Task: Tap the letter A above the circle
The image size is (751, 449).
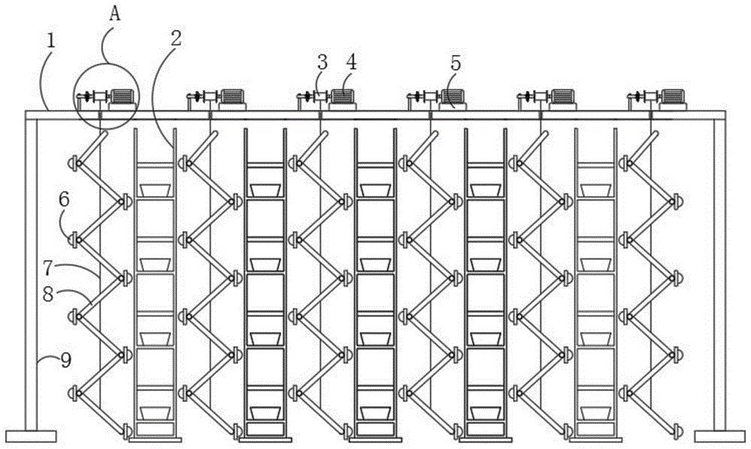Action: [x=115, y=14]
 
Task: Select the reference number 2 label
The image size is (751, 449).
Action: [x=176, y=38]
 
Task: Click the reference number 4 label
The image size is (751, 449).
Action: [x=352, y=62]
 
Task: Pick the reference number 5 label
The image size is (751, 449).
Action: [x=455, y=63]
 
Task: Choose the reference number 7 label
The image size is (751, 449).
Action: [x=48, y=269]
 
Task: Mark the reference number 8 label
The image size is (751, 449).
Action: [x=48, y=294]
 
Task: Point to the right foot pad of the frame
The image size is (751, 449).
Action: [x=719, y=435]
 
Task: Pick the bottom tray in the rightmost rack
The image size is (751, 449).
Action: [x=596, y=413]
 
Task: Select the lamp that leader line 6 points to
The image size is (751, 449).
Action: [x=74, y=239]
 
